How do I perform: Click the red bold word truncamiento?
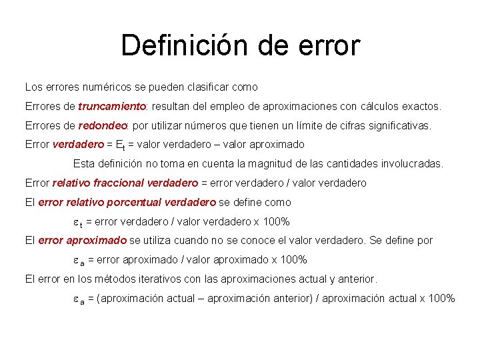click(x=112, y=107)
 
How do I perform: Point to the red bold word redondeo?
click(x=103, y=125)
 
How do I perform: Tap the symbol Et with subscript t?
click(x=121, y=145)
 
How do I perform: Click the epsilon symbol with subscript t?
click(x=78, y=222)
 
